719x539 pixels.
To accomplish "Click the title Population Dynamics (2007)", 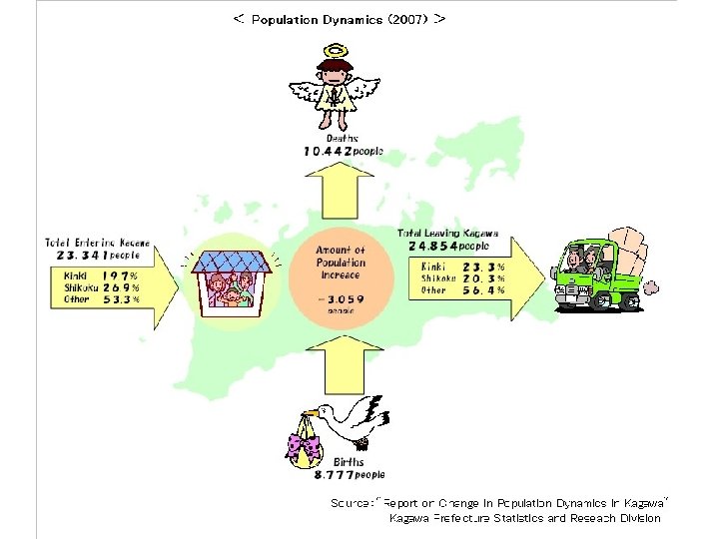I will [340, 19].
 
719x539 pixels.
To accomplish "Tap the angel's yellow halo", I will [336, 51].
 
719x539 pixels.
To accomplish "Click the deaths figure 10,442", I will [329, 151].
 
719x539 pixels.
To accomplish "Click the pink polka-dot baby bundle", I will [306, 446].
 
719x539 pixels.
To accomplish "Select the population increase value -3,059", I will [341, 297].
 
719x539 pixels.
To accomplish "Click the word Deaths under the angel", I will [343, 138].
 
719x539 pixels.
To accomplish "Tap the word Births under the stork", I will [349, 462].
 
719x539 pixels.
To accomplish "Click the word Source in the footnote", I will [351, 503].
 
